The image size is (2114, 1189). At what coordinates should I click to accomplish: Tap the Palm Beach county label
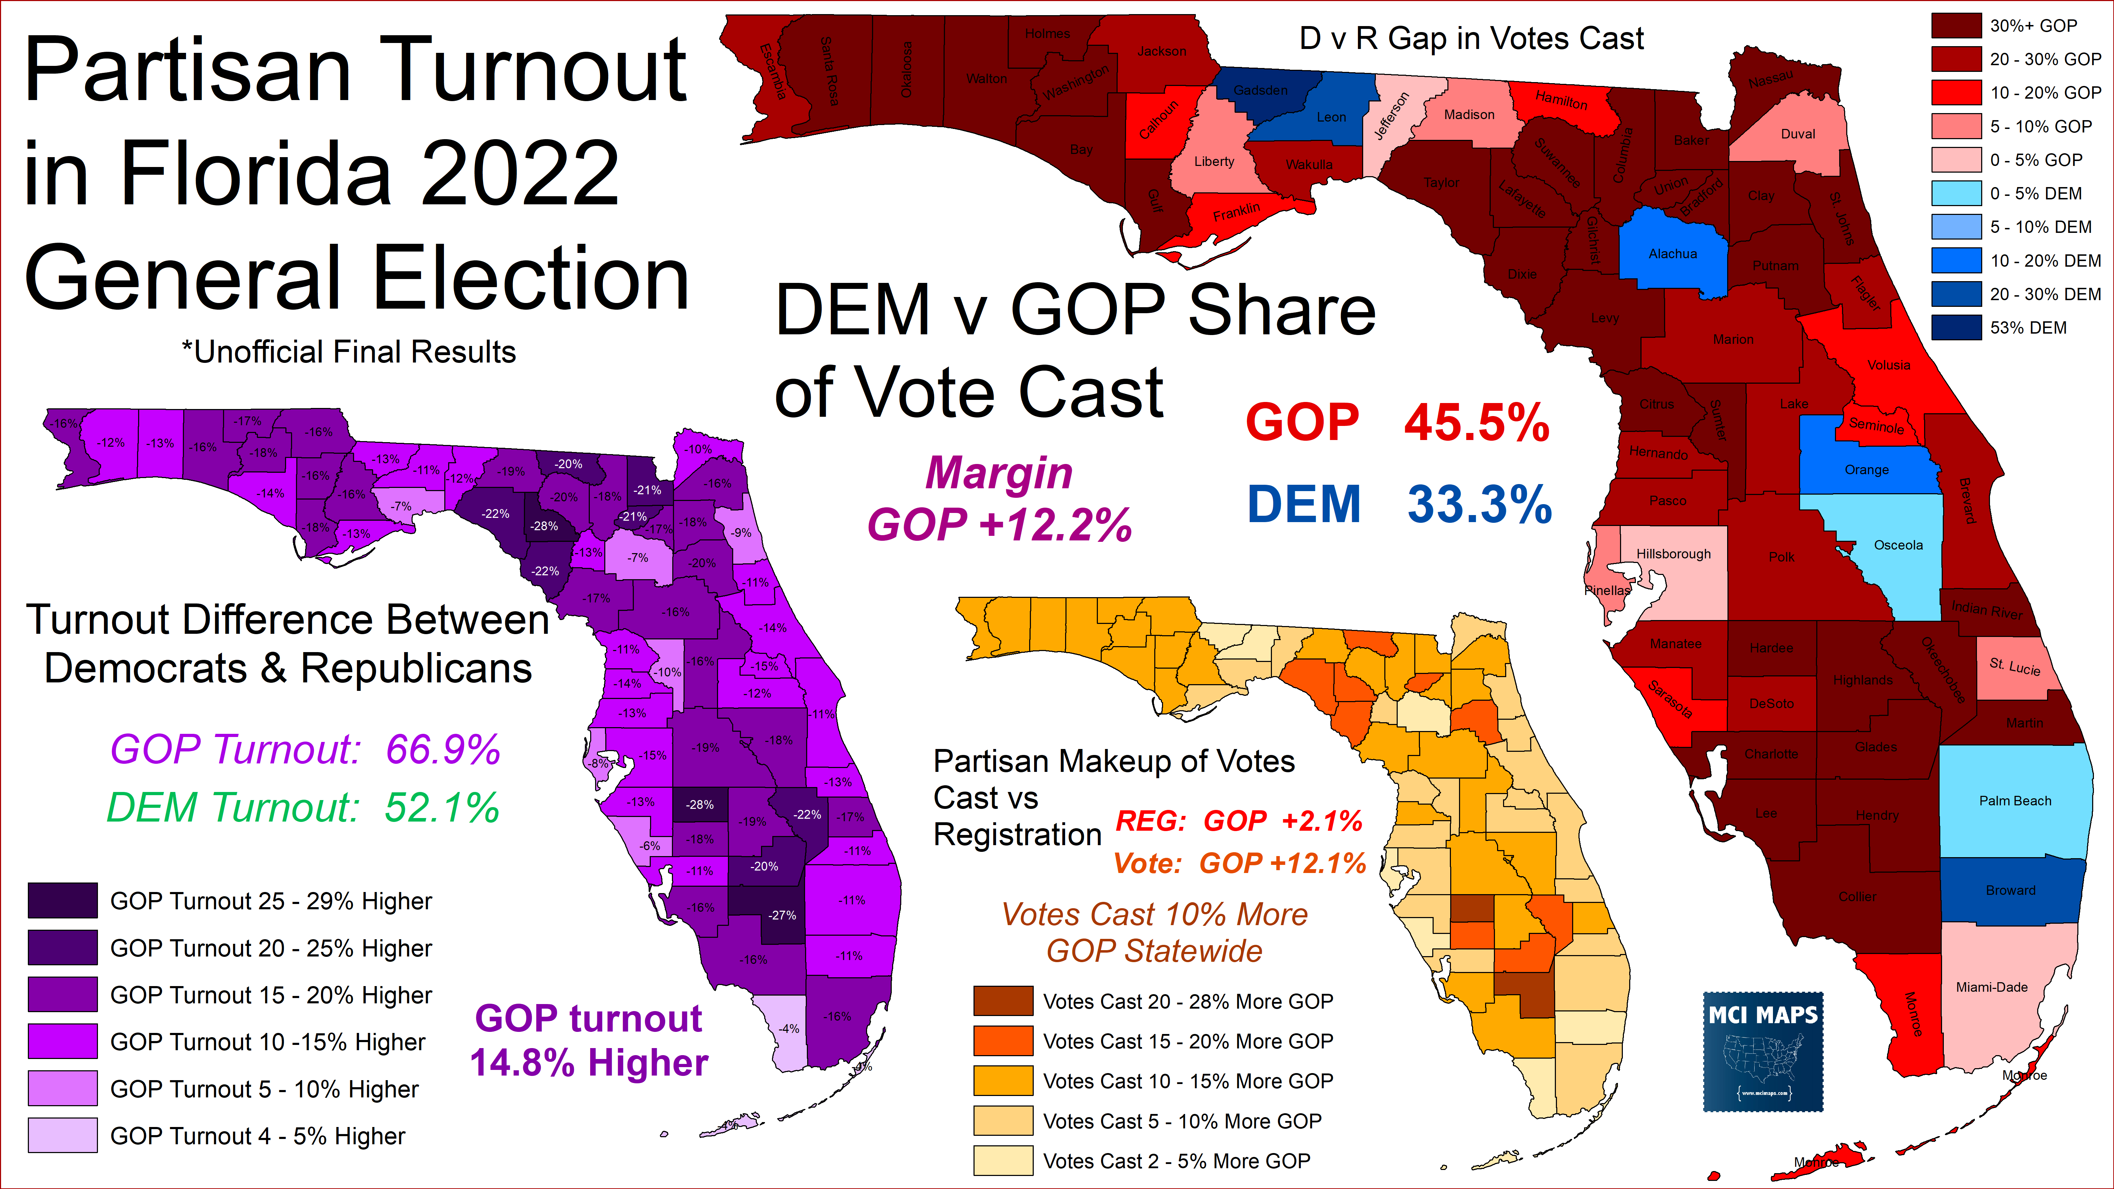click(x=2015, y=801)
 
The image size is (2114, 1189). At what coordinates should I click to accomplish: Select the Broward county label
click(x=2011, y=890)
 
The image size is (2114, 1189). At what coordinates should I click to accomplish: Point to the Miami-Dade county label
click(x=1992, y=987)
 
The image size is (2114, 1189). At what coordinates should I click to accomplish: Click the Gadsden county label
click(x=1261, y=90)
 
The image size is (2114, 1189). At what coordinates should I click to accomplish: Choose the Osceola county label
click(x=1898, y=545)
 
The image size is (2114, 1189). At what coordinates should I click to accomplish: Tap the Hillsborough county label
click(x=1673, y=554)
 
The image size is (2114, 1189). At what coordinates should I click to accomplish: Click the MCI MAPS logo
click(x=1763, y=1052)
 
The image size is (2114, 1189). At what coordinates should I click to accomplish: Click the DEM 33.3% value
click(x=1479, y=504)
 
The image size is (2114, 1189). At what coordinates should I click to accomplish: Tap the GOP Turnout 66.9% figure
click(x=443, y=749)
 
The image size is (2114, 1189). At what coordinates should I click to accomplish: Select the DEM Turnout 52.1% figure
click(x=441, y=807)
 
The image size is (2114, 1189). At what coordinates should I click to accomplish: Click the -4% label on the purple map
click(x=789, y=1028)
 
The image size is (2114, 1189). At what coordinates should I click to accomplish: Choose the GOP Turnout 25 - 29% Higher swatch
click(x=63, y=900)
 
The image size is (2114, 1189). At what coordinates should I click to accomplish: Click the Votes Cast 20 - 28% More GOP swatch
click(x=1003, y=1001)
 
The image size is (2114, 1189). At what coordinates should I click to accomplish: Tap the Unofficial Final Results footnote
click(x=349, y=352)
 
